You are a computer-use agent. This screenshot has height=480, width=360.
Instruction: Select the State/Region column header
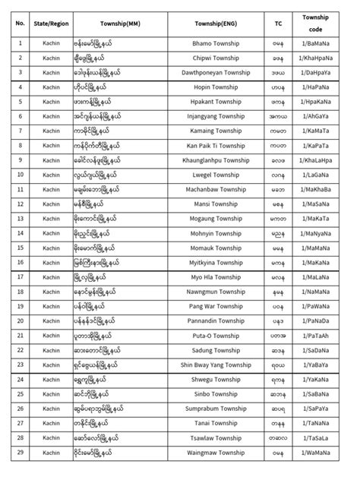pyautogui.click(x=51, y=24)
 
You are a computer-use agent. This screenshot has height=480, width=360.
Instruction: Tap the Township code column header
pyautogui.click(x=319, y=24)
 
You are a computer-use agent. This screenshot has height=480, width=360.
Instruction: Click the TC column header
pyautogui.click(x=279, y=24)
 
